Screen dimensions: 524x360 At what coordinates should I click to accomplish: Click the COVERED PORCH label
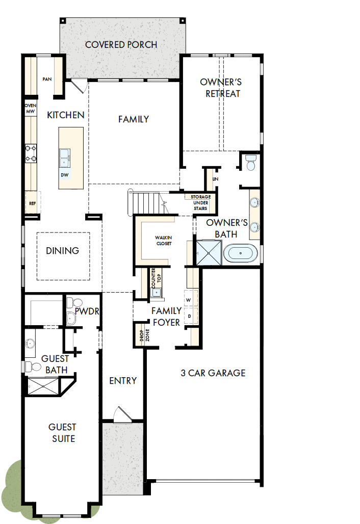pyautogui.click(x=121, y=45)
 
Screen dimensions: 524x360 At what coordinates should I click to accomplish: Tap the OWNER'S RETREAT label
pyautogui.click(x=220, y=88)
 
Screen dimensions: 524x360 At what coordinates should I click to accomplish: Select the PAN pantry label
pyautogui.click(x=47, y=79)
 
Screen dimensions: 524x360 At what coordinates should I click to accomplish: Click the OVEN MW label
pyautogui.click(x=30, y=108)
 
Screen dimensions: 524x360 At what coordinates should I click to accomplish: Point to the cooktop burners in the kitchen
pyautogui.click(x=31, y=153)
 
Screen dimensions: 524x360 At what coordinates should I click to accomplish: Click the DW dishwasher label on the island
pyautogui.click(x=65, y=175)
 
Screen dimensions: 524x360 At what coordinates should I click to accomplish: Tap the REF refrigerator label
pyautogui.click(x=32, y=203)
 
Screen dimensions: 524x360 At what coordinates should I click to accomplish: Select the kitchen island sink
pyautogui.click(x=65, y=158)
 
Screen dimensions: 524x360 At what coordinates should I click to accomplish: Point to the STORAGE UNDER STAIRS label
pyautogui.click(x=200, y=202)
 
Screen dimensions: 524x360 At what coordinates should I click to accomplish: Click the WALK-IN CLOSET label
pyautogui.click(x=163, y=240)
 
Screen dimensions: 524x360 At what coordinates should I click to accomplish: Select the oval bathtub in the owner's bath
pyautogui.click(x=241, y=253)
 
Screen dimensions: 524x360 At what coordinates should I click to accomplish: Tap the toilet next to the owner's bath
pyautogui.click(x=250, y=163)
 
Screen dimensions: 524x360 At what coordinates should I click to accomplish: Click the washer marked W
pyautogui.click(x=188, y=300)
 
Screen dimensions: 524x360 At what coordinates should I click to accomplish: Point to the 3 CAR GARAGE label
pyautogui.click(x=213, y=373)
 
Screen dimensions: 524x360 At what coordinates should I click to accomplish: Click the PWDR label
pyautogui.click(x=86, y=311)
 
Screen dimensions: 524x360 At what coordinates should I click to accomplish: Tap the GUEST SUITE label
pyautogui.click(x=62, y=433)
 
